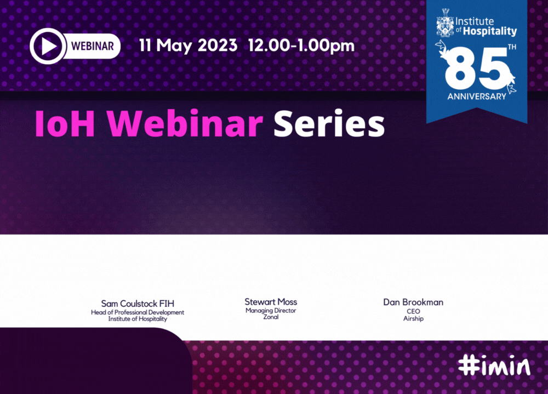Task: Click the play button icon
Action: [48, 46]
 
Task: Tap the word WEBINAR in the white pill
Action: [93, 46]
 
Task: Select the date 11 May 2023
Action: [189, 46]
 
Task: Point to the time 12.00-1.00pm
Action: [301, 46]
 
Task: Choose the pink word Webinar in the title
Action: [185, 124]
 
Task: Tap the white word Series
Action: [329, 124]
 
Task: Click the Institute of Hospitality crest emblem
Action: [445, 22]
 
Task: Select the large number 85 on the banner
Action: [475, 68]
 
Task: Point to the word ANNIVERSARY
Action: [477, 96]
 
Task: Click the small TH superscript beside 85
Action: [512, 47]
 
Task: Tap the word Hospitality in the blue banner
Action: [489, 31]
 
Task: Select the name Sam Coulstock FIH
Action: [138, 304]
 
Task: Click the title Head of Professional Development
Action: [138, 312]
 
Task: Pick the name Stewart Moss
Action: [271, 302]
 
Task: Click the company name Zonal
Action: [271, 317]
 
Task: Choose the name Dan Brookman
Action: [413, 302]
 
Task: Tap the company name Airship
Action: [413, 318]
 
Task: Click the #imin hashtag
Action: [494, 366]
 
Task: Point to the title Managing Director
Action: [271, 311]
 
